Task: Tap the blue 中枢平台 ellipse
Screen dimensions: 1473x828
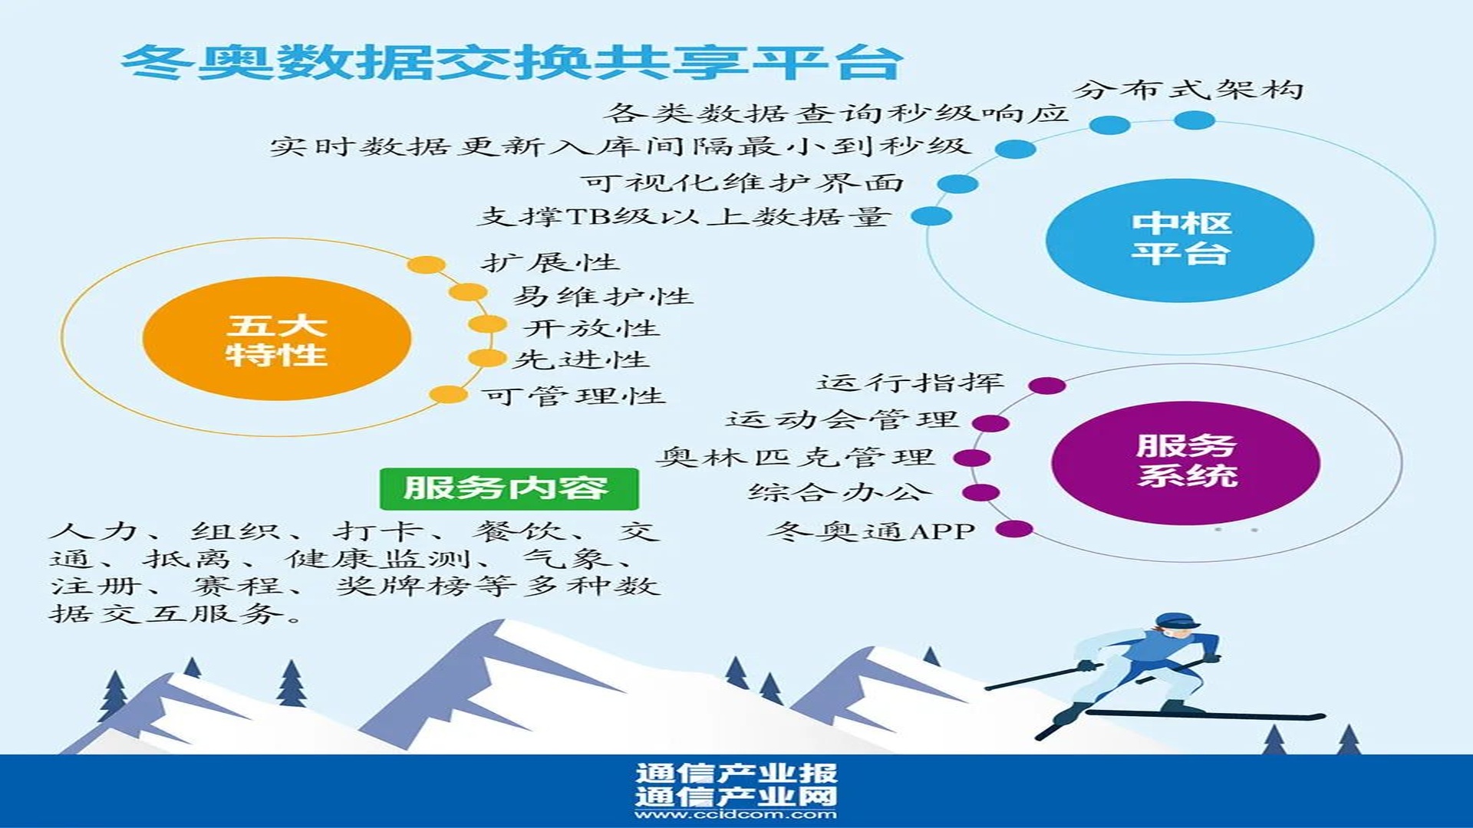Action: pos(1180,240)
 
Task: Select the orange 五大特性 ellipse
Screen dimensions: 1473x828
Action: pos(277,338)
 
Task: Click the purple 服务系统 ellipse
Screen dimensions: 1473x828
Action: pos(1186,462)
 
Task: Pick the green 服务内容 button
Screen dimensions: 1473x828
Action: pos(509,488)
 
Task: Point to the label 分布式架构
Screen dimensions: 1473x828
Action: pos(1188,90)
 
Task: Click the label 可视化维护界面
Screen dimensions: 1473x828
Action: pos(742,182)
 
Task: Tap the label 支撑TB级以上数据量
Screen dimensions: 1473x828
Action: pos(684,216)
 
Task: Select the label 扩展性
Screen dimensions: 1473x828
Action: pos(550,262)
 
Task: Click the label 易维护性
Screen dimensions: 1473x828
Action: pos(603,295)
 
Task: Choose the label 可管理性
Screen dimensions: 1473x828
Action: pos(573,396)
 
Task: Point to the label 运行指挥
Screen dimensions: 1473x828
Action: pos(911,382)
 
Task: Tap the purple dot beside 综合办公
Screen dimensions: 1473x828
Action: pos(980,493)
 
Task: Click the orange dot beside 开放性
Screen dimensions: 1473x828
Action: pos(487,325)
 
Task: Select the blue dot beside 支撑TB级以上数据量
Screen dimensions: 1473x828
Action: pos(931,216)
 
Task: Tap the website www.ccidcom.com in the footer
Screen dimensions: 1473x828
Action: pos(736,814)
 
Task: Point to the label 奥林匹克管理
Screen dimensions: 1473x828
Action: pos(796,457)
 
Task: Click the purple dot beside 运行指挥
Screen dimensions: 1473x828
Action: pos(1047,386)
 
